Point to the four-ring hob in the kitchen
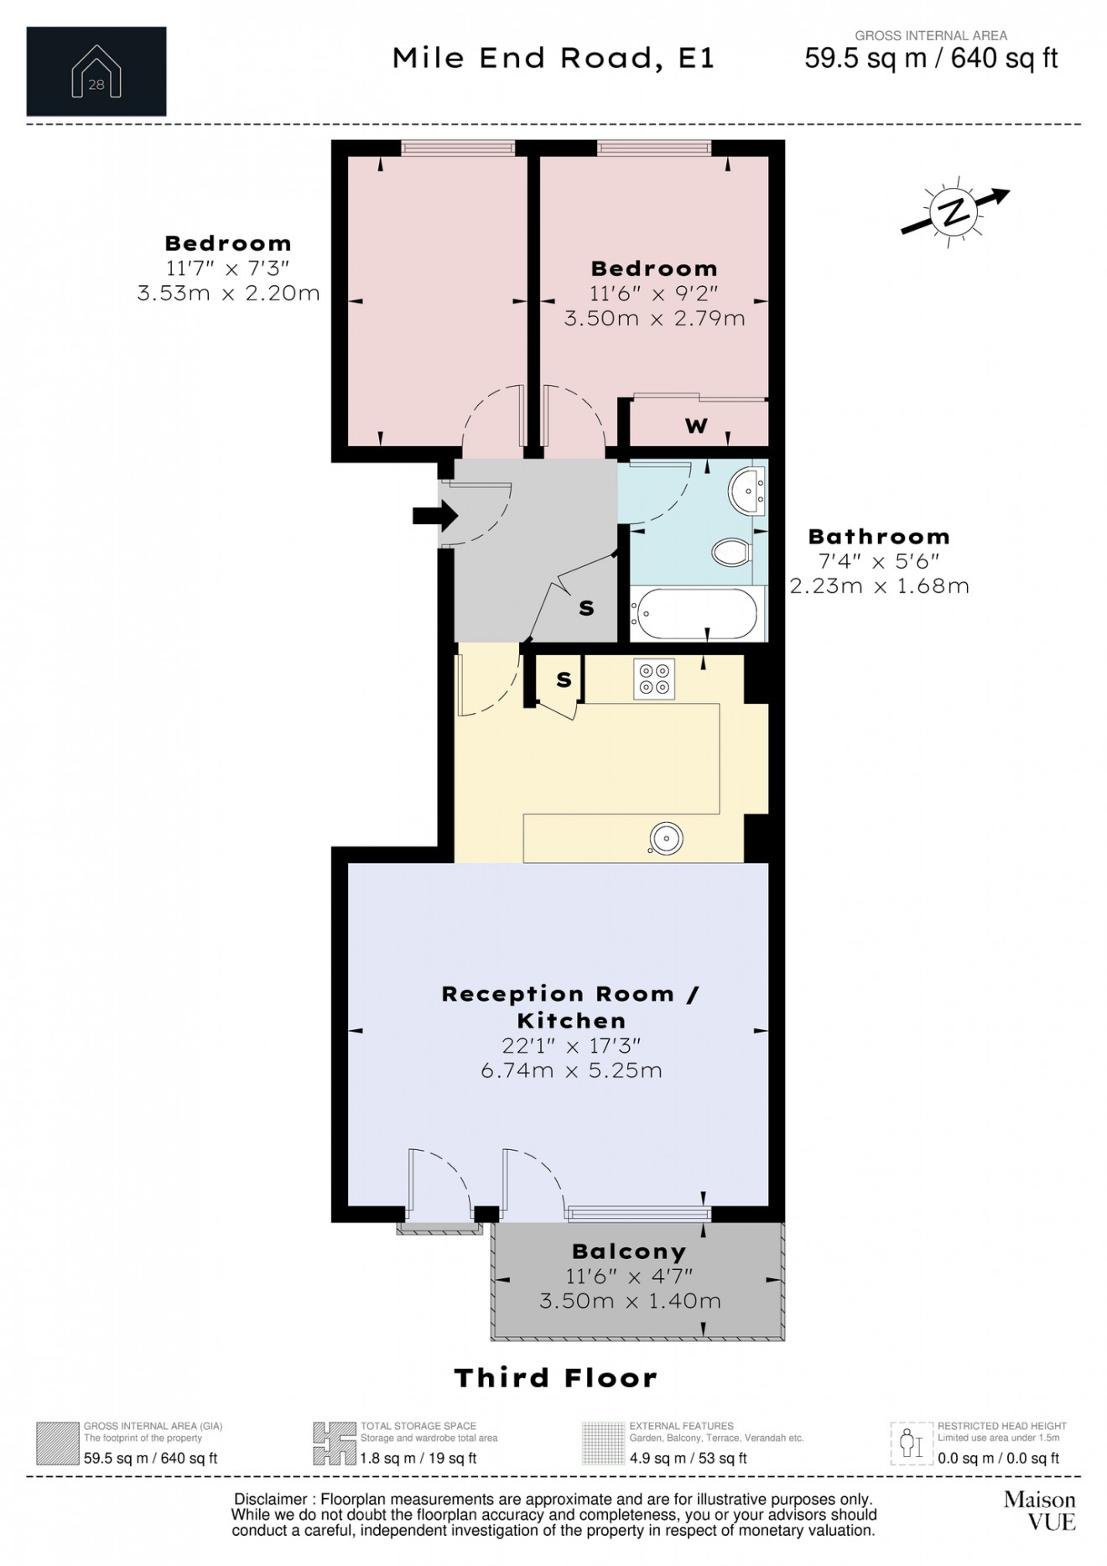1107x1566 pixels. [654, 679]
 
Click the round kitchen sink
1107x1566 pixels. [666, 838]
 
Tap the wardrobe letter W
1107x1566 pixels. [696, 426]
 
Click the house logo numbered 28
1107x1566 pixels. [96, 72]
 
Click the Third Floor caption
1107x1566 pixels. [555, 1377]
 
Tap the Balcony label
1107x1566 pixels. [629, 1251]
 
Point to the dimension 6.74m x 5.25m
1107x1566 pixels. [571, 1071]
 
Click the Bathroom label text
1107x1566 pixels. [878, 537]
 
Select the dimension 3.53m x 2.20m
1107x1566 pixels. [228, 294]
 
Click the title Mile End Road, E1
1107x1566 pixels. [553, 58]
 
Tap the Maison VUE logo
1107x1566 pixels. [1039, 1510]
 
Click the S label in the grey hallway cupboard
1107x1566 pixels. [586, 608]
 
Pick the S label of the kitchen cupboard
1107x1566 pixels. [564, 680]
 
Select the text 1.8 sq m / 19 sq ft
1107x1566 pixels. [418, 1458]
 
